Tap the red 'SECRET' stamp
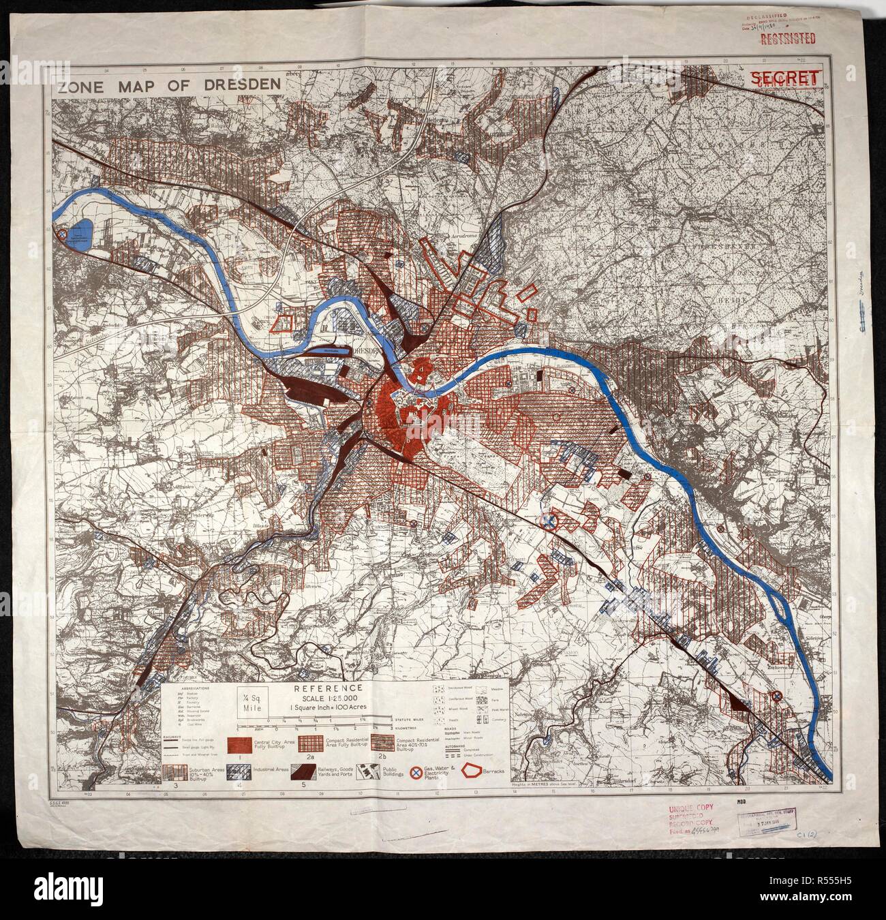coord(784,78)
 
